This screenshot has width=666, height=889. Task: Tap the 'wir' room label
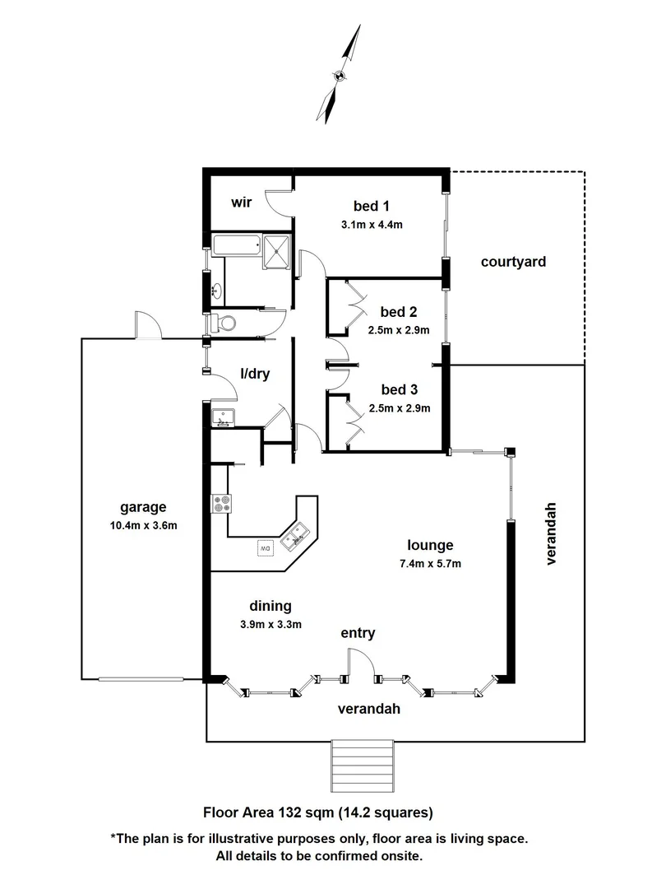click(241, 202)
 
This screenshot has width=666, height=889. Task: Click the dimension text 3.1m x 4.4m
click(371, 224)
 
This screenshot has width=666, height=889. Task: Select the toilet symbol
click(223, 321)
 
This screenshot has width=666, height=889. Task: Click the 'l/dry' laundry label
click(255, 373)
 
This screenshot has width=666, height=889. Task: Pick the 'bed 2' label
click(399, 312)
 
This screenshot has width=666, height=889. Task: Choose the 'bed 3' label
click(399, 389)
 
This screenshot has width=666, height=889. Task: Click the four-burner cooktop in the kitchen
click(221, 502)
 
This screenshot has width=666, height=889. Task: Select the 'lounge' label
click(431, 545)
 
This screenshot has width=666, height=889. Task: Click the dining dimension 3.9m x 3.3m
click(271, 624)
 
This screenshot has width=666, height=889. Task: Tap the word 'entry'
click(358, 633)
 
